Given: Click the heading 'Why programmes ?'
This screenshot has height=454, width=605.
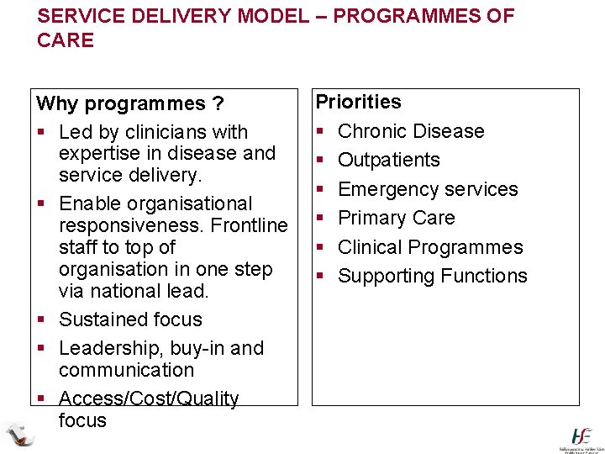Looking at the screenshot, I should click(x=130, y=104).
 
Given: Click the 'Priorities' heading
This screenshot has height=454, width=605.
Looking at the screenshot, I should click(x=359, y=102).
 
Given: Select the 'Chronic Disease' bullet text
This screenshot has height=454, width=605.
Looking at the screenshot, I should click(x=411, y=131).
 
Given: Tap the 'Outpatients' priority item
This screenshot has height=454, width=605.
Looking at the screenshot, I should click(x=388, y=160).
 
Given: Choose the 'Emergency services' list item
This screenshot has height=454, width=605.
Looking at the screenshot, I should click(x=428, y=189).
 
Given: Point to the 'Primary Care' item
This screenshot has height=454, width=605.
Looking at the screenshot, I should click(x=396, y=218).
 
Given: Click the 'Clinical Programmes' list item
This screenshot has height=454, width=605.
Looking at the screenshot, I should click(x=430, y=247).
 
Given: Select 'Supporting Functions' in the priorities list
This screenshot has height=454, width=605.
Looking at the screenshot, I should click(x=432, y=276).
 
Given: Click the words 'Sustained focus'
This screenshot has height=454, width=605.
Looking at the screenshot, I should click(x=130, y=319).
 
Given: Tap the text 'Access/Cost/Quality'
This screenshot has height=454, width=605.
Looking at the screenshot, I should click(x=149, y=399).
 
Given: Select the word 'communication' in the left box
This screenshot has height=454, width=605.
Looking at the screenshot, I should click(x=126, y=370).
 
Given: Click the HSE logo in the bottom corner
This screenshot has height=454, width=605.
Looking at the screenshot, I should click(x=581, y=436).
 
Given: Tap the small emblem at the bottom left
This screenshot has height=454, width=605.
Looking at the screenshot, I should click(x=19, y=435).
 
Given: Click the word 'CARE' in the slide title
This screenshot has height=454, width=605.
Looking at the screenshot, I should click(x=66, y=40).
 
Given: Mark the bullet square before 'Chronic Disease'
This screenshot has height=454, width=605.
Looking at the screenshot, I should click(x=320, y=132).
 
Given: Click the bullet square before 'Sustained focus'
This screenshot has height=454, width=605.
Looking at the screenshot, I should click(x=41, y=320).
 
